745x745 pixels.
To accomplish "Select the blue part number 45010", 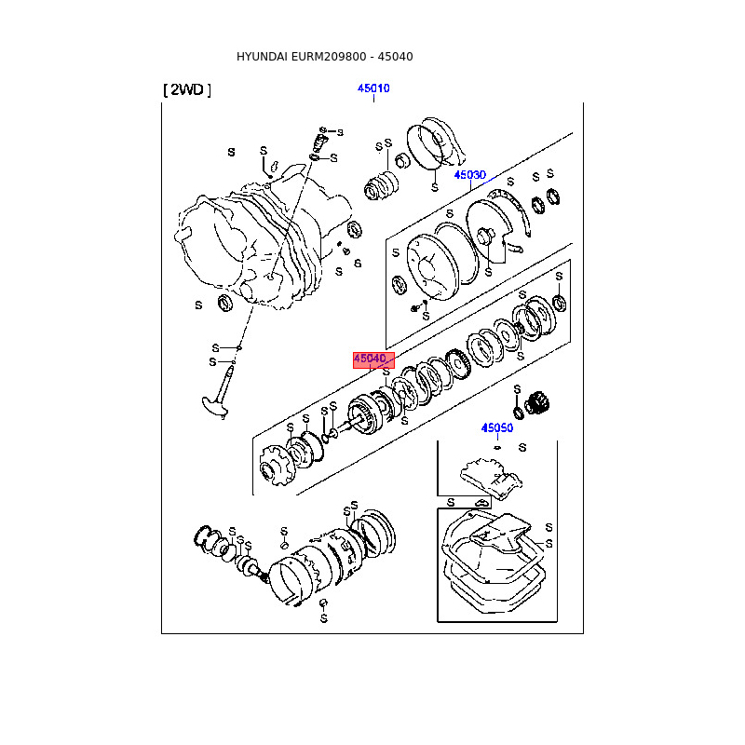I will click(x=373, y=88).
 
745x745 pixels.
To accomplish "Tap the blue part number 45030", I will click(x=470, y=175).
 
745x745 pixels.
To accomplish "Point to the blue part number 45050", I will click(x=497, y=428).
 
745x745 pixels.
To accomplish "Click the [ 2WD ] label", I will click(x=187, y=90).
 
